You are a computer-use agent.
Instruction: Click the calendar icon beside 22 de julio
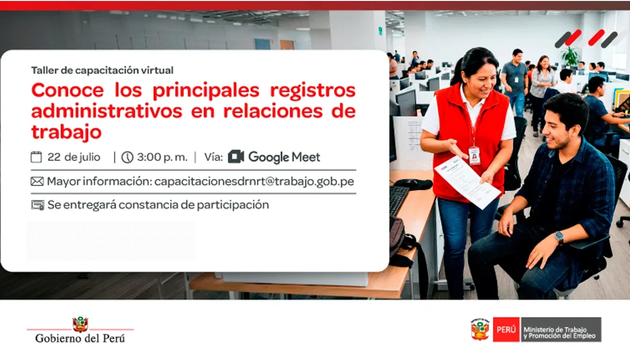pyautogui.click(x=36, y=157)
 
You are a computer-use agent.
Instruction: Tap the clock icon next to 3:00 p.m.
pyautogui.click(x=127, y=157)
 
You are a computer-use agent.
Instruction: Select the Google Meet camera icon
pyautogui.click(x=236, y=157)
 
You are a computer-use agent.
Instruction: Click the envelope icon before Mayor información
pyautogui.click(x=37, y=182)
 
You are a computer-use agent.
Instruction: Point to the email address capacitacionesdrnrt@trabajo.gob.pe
pyautogui.click(x=254, y=182)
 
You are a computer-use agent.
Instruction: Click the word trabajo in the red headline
pyautogui.click(x=67, y=132)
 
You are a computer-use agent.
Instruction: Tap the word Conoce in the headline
pyautogui.click(x=67, y=90)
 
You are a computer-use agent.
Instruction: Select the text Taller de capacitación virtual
pyautogui.click(x=102, y=70)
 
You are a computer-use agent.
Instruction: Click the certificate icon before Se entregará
pyautogui.click(x=37, y=205)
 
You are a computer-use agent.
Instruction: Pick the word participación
pyautogui.click(x=232, y=205)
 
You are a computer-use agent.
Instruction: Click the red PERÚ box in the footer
pyautogui.click(x=506, y=330)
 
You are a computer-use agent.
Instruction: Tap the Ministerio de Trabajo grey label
pyautogui.click(x=561, y=330)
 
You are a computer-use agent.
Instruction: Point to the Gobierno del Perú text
pyautogui.click(x=80, y=338)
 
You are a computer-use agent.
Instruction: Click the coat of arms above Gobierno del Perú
pyautogui.click(x=81, y=324)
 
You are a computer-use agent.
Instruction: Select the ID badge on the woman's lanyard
pyautogui.click(x=474, y=156)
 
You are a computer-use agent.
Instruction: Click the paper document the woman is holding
pyautogui.click(x=467, y=183)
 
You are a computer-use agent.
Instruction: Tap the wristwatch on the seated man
pyautogui.click(x=559, y=237)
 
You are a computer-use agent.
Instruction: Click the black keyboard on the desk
pyautogui.click(x=399, y=200)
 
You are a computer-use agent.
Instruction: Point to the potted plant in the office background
pyautogui.click(x=570, y=57)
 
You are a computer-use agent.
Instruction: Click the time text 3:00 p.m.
pyautogui.click(x=162, y=157)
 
